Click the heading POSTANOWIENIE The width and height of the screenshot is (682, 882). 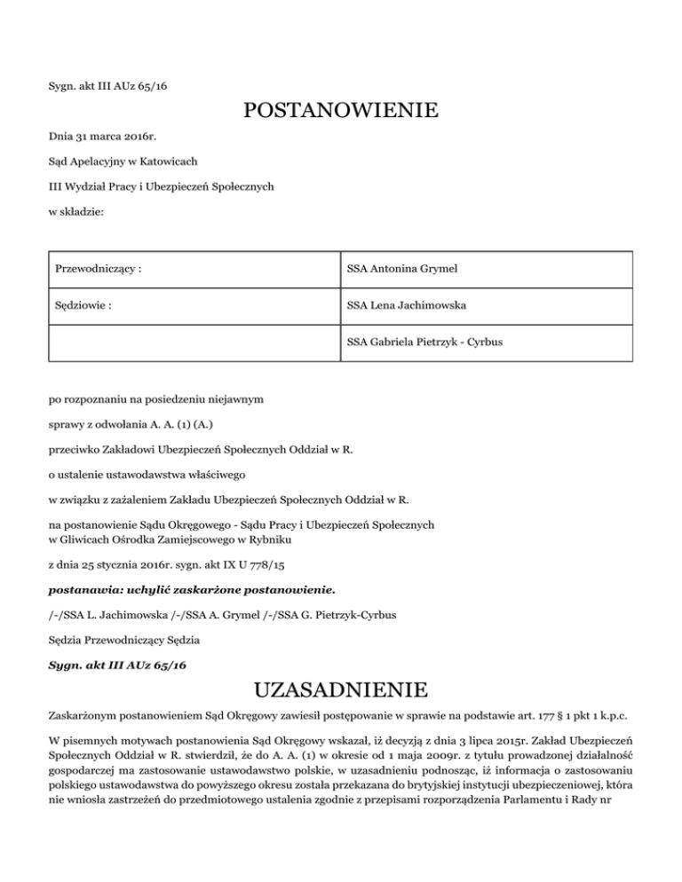point(341,112)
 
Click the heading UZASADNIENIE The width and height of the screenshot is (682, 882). point(341,689)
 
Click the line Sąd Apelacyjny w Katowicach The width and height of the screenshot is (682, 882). point(123,161)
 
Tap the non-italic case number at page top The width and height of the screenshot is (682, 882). point(106,85)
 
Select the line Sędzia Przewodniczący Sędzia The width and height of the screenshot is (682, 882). point(124,639)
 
